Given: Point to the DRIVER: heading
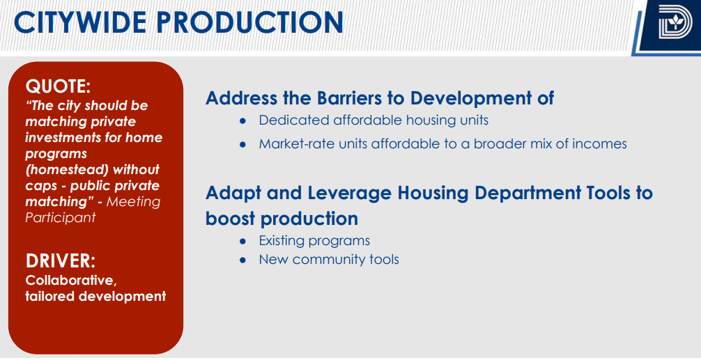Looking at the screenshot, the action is (x=61, y=261).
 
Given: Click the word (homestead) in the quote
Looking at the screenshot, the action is (x=92, y=170).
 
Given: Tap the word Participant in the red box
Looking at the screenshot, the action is (x=61, y=217).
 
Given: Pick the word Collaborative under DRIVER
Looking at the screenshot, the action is (x=71, y=281).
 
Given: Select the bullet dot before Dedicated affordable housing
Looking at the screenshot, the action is (x=243, y=120).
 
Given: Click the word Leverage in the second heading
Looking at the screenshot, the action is (x=347, y=193).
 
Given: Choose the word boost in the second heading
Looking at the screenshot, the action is (x=230, y=219).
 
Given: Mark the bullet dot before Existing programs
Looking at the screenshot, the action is (x=243, y=241).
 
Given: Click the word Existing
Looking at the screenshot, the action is (x=282, y=241).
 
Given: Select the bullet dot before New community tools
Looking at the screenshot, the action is (x=243, y=260).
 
